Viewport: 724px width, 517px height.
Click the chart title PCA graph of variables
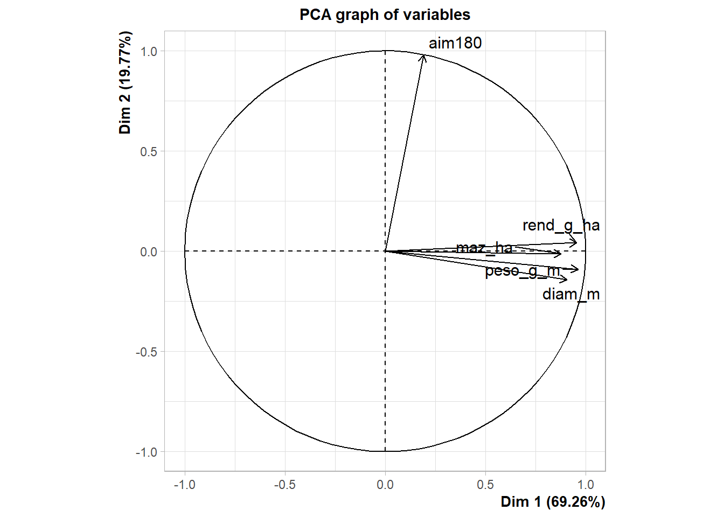[x=385, y=15]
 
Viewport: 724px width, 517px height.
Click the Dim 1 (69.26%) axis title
[x=553, y=502]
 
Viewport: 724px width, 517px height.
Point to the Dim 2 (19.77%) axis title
[x=125, y=82]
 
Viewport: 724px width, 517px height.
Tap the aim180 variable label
[x=455, y=43]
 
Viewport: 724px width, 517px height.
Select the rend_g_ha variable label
[x=561, y=225]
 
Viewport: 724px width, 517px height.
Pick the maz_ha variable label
[x=484, y=248]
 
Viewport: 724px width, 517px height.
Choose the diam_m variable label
[x=571, y=294]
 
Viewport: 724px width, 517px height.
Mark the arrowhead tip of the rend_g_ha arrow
[x=577, y=242]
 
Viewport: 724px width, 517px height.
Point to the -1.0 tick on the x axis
[x=184, y=485]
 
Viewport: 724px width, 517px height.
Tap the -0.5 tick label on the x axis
[x=284, y=485]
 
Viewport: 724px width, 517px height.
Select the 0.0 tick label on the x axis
[x=385, y=485]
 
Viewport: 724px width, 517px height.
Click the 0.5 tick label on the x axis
[x=485, y=485]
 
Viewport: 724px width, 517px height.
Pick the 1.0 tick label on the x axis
[x=586, y=485]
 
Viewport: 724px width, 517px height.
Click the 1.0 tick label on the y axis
[x=149, y=51]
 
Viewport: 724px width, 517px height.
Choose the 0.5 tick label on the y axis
[x=149, y=151]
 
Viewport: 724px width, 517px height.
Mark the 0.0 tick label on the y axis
[x=149, y=251]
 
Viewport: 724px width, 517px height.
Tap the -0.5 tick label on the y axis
[x=147, y=352]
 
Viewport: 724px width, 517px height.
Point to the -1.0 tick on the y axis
[x=147, y=452]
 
